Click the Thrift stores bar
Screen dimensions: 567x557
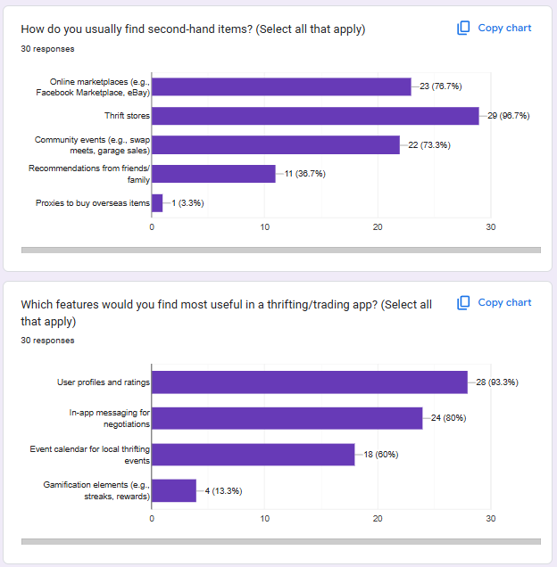click(315, 116)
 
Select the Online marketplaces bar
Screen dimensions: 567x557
click(281, 86)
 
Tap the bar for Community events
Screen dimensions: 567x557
click(276, 144)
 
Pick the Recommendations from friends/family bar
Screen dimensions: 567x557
click(213, 174)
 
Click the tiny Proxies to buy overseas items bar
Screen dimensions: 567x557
click(157, 203)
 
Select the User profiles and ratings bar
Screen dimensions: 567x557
click(310, 382)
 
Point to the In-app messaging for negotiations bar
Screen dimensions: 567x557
click(287, 418)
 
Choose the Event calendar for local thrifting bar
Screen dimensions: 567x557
click(253, 455)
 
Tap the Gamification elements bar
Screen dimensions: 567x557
click(174, 491)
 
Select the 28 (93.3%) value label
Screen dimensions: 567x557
click(497, 382)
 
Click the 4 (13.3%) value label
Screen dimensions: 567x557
click(223, 491)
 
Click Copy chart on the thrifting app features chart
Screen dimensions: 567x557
click(495, 303)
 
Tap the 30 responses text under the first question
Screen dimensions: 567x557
click(47, 49)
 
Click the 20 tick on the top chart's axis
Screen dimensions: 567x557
click(378, 227)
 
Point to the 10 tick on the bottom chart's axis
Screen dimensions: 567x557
click(265, 518)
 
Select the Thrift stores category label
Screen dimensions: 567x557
click(127, 116)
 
